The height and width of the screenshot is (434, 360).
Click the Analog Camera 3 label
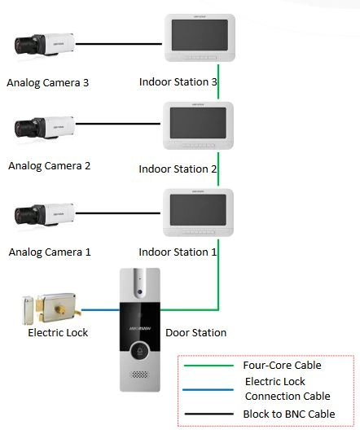(47, 83)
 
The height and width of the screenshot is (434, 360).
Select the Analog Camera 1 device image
(45, 215)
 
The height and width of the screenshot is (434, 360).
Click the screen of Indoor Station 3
(200, 35)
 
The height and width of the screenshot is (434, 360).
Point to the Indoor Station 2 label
(178, 169)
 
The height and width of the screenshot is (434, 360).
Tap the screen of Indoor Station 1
(198, 210)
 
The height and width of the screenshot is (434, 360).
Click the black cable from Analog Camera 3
(119, 44)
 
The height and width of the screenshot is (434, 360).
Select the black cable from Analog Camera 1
(118, 213)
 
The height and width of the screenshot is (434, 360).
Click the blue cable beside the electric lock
(100, 309)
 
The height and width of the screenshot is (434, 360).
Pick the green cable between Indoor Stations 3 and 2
(218, 81)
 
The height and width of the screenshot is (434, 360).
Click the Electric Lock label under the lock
(58, 332)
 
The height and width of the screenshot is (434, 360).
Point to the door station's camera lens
(139, 292)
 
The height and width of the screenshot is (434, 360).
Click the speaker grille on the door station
(139, 375)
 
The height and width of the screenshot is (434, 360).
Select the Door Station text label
(195, 332)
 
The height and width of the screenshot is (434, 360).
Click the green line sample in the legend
(209, 366)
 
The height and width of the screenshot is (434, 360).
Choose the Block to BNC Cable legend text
(289, 414)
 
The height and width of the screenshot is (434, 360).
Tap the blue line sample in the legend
(208, 390)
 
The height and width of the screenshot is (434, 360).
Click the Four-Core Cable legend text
(282, 365)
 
